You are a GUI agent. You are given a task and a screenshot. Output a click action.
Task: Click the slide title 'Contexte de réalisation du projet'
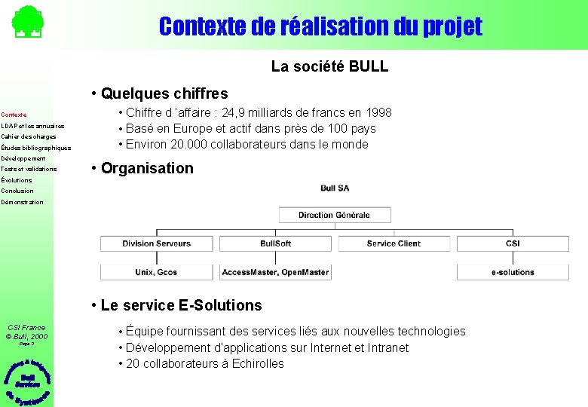coord(320,27)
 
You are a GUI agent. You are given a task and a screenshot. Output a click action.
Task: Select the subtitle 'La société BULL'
coord(329,66)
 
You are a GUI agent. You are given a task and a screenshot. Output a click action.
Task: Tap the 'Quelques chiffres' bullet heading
coord(164,93)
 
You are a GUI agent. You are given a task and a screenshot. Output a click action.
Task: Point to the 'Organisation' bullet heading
coord(147,168)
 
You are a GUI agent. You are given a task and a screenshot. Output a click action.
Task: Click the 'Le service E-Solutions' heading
coord(181,305)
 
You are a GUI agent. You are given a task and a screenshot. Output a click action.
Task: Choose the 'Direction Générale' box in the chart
coord(334,215)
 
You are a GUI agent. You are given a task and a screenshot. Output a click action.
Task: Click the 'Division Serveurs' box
coord(157,243)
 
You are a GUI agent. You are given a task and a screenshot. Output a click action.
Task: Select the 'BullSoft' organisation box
coord(276,243)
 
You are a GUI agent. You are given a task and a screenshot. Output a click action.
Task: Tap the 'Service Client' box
coord(394,243)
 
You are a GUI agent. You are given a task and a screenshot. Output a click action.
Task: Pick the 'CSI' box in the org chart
coord(513,243)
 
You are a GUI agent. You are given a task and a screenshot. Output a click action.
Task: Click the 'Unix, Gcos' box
coord(157,272)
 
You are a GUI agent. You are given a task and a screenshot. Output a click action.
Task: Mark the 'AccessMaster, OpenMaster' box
coord(276,272)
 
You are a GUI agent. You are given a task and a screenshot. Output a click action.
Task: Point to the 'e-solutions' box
coord(513,272)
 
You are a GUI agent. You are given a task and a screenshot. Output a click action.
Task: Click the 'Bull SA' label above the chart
coord(334,188)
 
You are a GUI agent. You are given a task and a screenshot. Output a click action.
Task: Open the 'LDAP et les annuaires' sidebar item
coord(33,126)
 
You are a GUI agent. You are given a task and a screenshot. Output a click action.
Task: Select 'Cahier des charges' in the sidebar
coord(29,136)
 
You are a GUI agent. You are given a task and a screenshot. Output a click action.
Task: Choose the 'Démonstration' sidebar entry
coord(23,202)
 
